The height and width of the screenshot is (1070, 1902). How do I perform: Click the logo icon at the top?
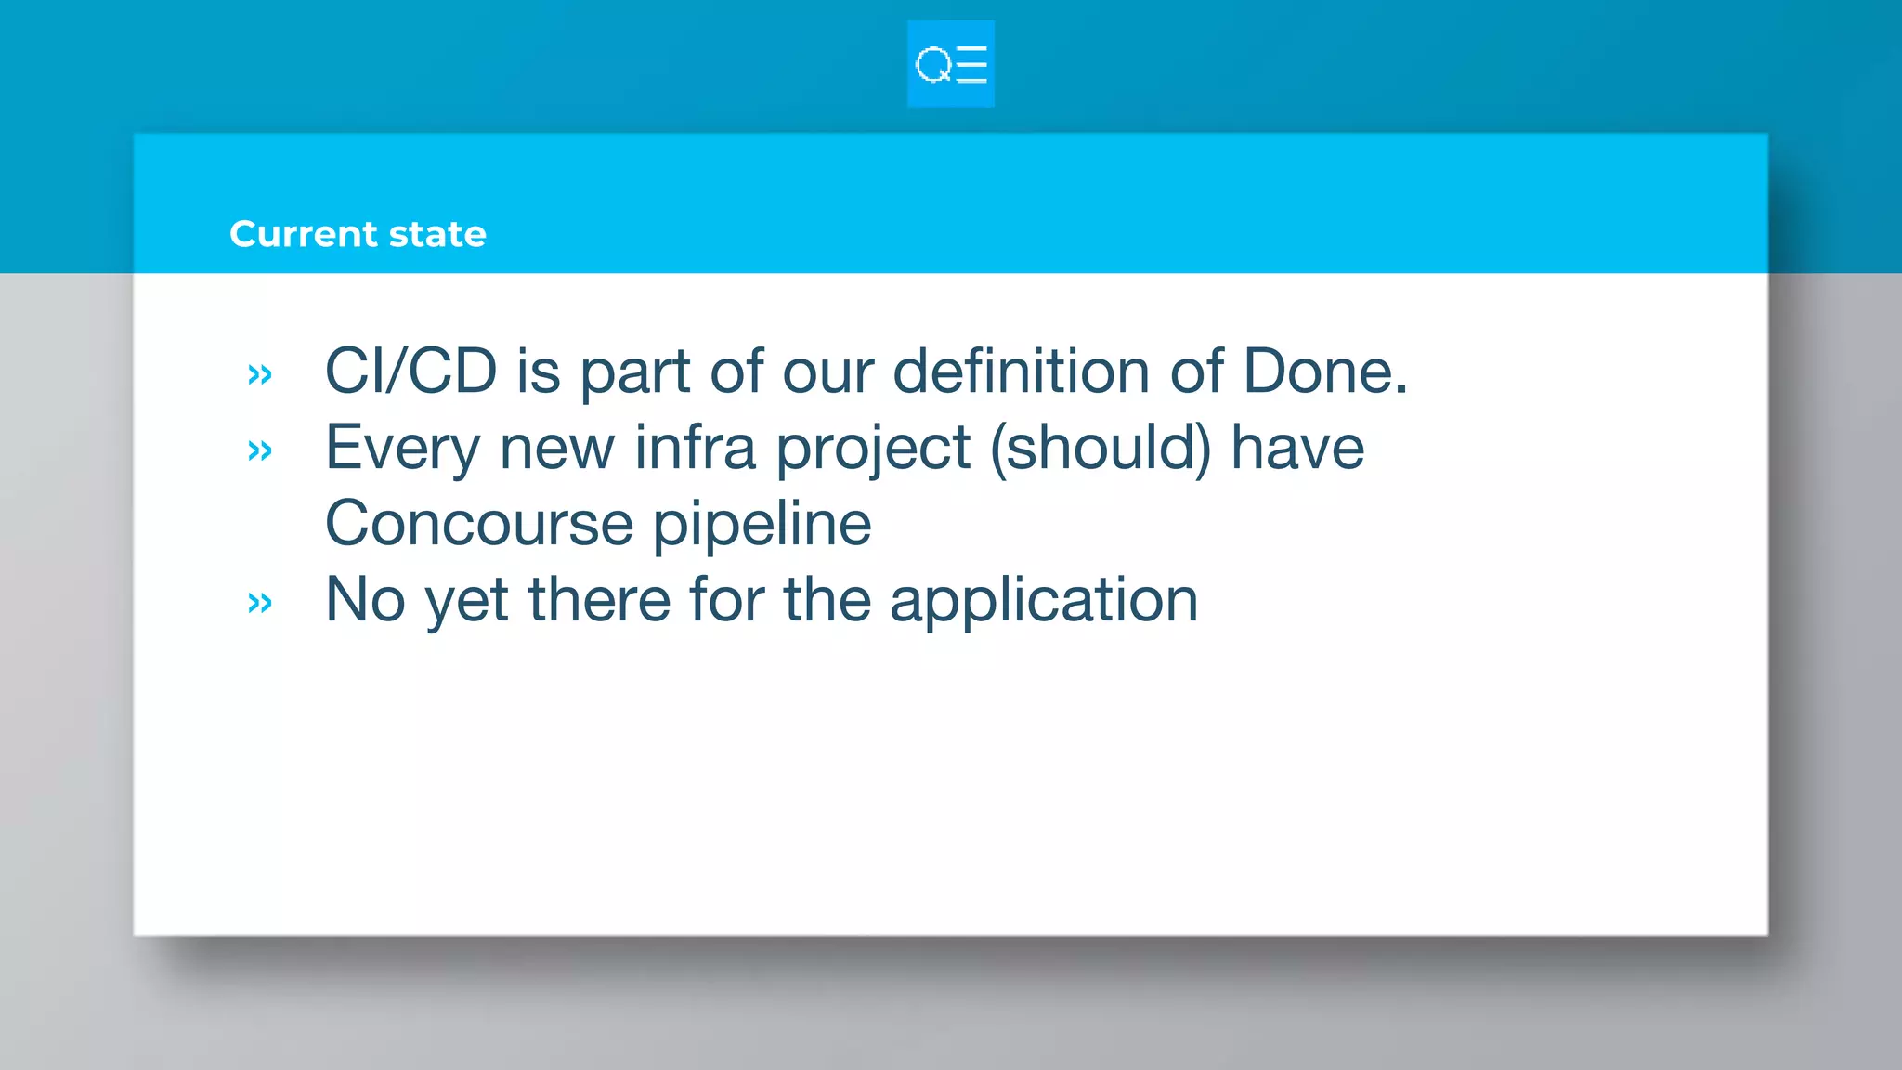coord(950,64)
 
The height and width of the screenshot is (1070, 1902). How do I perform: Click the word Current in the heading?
coord(304,234)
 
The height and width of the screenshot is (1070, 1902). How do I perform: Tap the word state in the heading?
coord(437,234)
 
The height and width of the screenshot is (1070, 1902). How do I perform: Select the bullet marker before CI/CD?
coord(260,374)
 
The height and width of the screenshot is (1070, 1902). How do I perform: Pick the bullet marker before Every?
coord(260,450)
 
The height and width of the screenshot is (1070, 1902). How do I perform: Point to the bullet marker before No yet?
coord(260,603)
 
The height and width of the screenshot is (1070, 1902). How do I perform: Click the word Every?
coord(401,449)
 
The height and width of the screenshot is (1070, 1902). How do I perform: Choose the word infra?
coord(695,449)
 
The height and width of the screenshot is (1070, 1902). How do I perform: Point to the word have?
coord(1297,449)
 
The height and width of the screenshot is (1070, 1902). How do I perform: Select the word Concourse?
coord(478,524)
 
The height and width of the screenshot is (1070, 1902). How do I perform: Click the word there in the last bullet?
coord(599,600)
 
